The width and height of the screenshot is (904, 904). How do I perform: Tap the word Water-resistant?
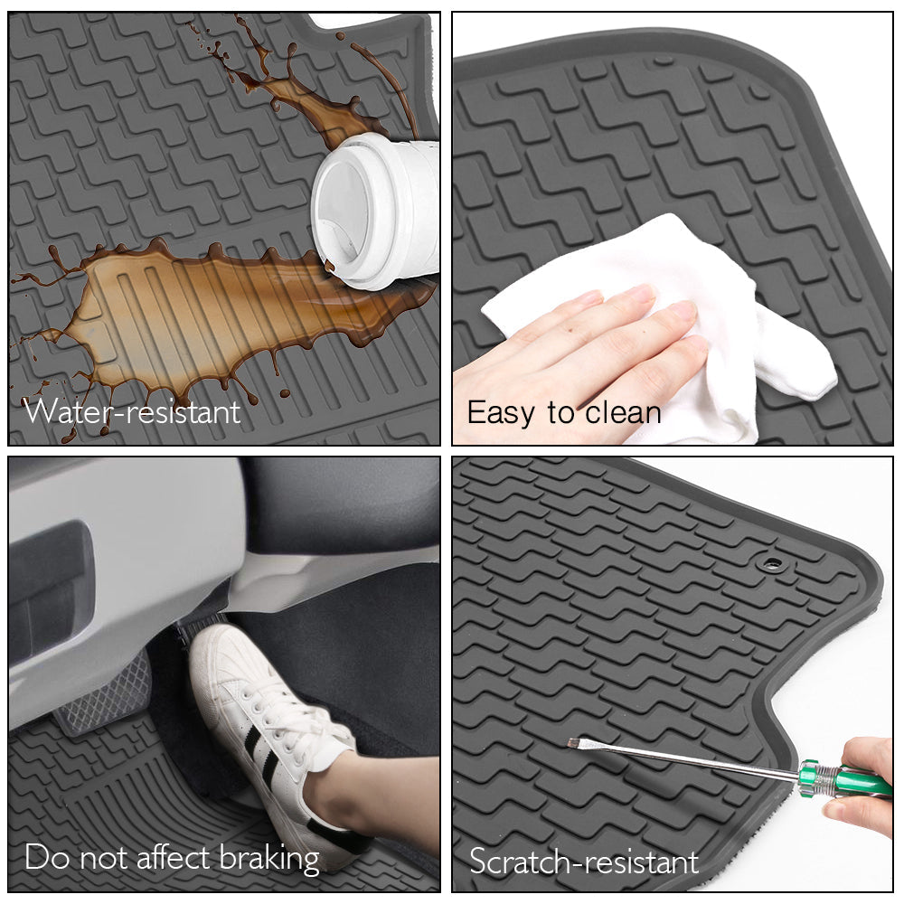[x=132, y=411]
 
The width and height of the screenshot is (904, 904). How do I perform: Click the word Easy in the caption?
[x=501, y=414]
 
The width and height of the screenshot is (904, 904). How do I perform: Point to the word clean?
[x=623, y=413]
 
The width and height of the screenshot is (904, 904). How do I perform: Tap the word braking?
[x=269, y=859]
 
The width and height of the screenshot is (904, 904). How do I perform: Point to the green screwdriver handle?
[x=844, y=779]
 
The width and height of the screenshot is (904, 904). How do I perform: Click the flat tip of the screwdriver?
[x=572, y=743]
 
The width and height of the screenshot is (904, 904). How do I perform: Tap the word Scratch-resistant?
[x=584, y=862]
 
